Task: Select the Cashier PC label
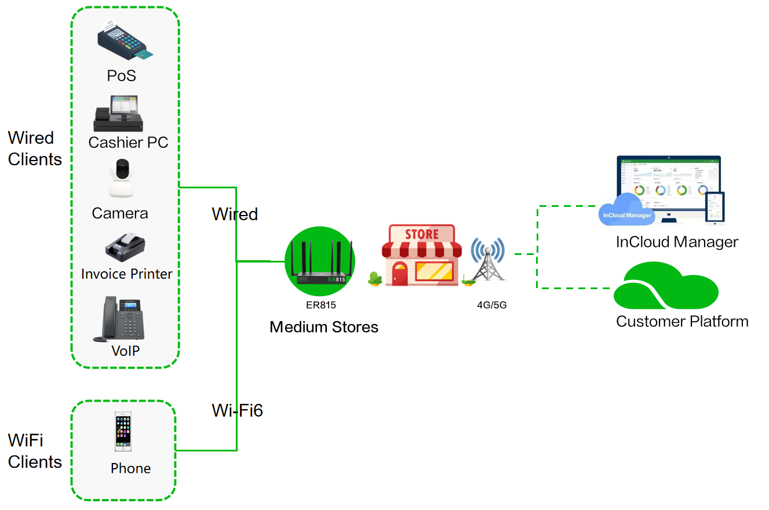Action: [x=128, y=142]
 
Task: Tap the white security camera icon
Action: [x=121, y=178]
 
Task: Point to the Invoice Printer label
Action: [x=127, y=274]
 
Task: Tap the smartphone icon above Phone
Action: [x=123, y=432]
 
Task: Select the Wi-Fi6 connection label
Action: [x=238, y=410]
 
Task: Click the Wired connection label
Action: [x=235, y=214]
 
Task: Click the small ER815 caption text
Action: [x=321, y=304]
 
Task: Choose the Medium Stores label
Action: [x=324, y=327]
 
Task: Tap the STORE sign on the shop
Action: [x=421, y=235]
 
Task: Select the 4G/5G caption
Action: [x=491, y=304]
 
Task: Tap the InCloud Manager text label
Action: [x=677, y=242]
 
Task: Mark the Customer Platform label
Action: [x=682, y=321]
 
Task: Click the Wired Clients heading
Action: [x=35, y=148]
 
